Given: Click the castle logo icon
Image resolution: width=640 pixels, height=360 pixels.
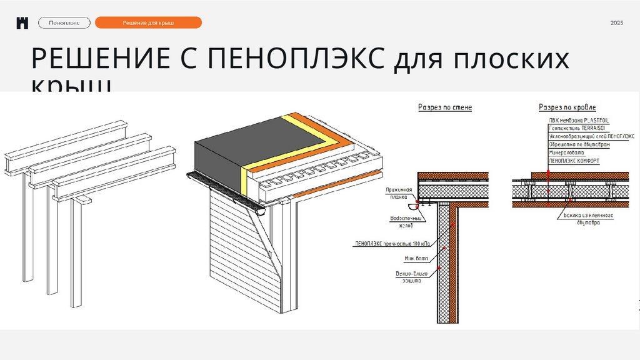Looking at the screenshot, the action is (23, 23).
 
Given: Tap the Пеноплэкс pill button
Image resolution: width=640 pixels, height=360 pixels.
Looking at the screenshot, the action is (64, 23).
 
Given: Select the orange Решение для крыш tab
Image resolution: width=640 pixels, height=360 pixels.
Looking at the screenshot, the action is (148, 23).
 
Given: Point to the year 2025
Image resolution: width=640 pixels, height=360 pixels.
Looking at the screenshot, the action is (617, 23).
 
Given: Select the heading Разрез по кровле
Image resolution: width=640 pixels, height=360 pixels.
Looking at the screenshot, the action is (567, 107).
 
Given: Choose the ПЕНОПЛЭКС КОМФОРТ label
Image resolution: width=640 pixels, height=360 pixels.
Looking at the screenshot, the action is (574, 161).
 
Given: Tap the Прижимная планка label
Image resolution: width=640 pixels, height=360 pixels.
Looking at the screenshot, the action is (399, 192).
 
